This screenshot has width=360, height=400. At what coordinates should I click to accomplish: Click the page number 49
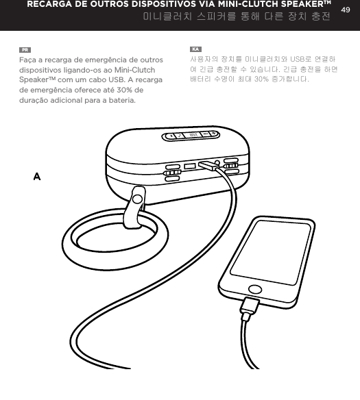pyautogui.click(x=346, y=8)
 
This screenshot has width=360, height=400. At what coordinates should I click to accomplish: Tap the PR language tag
pyautogui.click(x=25, y=51)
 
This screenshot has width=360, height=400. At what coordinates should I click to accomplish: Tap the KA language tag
pyautogui.click(x=195, y=51)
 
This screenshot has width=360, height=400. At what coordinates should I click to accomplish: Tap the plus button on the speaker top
pyautogui.click(x=213, y=134)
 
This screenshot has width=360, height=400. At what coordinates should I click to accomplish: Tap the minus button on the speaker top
pyautogui.click(x=173, y=135)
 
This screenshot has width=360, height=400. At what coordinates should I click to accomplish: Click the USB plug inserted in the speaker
pyautogui.click(x=208, y=165)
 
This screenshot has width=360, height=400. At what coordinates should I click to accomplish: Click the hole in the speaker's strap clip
pyautogui.click(x=137, y=200)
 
